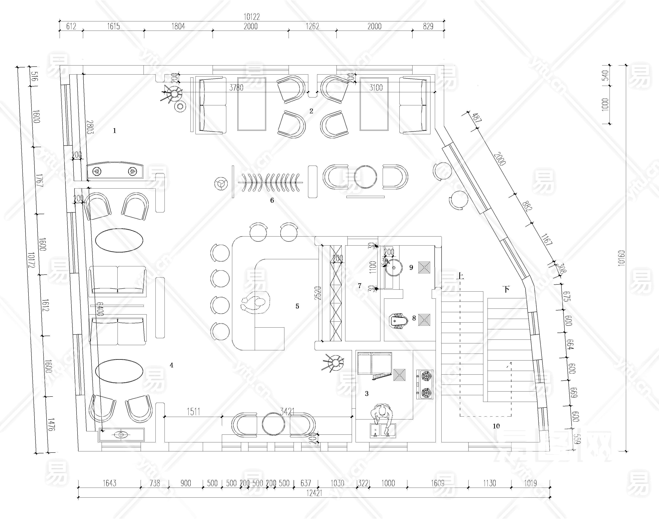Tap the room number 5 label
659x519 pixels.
click(297, 306)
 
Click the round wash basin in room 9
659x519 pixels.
click(394, 268)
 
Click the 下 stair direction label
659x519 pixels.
click(506, 289)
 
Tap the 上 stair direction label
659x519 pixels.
click(460, 276)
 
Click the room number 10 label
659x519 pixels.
click(496, 426)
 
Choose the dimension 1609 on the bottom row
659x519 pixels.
click(437, 483)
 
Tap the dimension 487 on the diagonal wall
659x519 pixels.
click(477, 118)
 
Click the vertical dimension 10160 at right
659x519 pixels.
click(621, 258)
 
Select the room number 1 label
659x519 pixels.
click(114, 131)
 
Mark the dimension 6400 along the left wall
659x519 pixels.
click(100, 309)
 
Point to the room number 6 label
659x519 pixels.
click(272, 200)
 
